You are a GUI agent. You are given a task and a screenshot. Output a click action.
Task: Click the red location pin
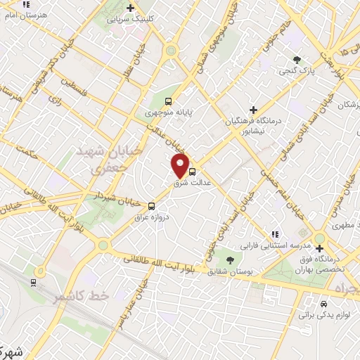click(181, 166)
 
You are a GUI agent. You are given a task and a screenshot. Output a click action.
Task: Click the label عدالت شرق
click(188, 183)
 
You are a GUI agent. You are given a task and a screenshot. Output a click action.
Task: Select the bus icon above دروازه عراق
click(152, 206)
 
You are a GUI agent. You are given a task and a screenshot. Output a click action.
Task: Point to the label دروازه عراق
click(153, 217)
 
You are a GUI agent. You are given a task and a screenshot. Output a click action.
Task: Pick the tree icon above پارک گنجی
click(297, 60)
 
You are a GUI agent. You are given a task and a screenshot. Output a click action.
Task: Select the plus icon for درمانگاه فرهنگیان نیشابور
click(254, 110)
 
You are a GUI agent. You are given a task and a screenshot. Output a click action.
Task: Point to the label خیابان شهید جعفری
click(99, 160)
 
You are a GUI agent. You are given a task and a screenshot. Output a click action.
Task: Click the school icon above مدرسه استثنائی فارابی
click(276, 234)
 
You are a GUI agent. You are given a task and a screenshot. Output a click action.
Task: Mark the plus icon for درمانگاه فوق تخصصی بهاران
click(320, 247)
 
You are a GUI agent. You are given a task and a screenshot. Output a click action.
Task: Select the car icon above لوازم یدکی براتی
click(323, 304)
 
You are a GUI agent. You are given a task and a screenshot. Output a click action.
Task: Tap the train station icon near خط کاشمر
click(33, 282)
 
